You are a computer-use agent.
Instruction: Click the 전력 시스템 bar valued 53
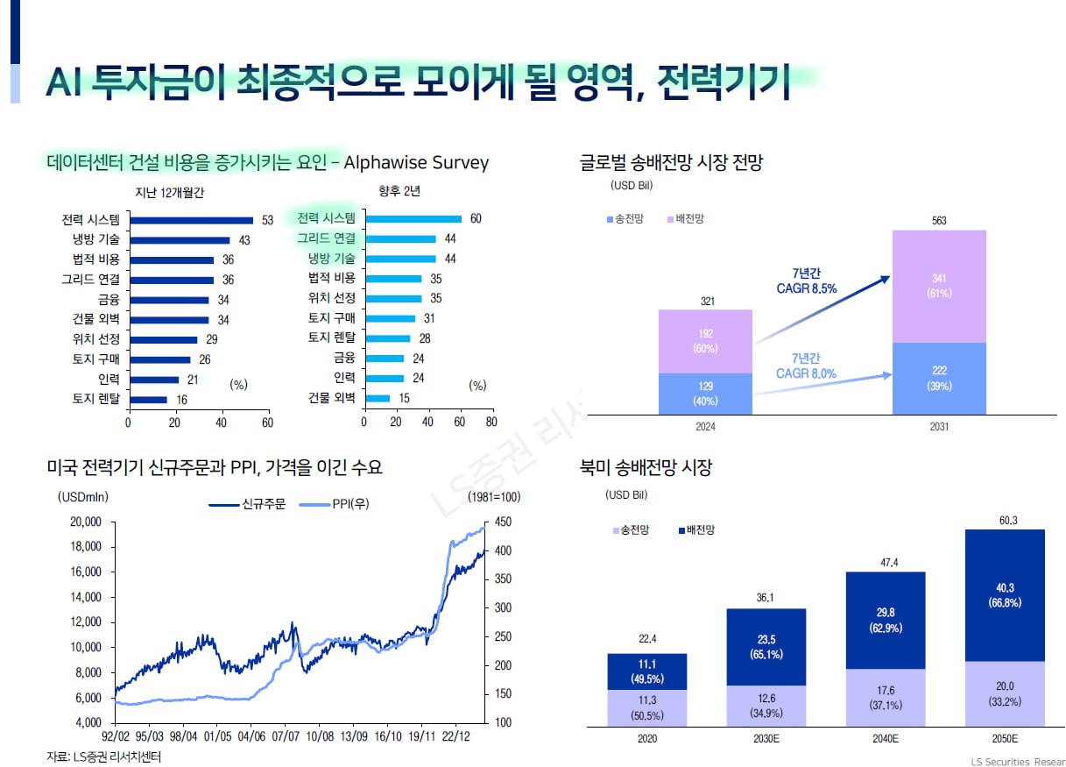tap(191, 220)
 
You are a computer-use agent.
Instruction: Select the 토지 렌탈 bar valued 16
tap(147, 399)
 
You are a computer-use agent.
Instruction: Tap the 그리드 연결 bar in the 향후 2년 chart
tap(399, 238)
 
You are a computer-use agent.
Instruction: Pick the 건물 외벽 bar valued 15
tap(377, 399)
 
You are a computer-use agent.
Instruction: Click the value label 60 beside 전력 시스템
tap(476, 219)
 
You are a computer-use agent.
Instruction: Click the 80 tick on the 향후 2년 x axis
tap(491, 422)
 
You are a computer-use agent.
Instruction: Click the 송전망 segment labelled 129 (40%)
tap(705, 394)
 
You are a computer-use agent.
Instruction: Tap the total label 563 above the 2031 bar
tap(939, 221)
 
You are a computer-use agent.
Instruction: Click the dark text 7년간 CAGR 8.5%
tap(806, 281)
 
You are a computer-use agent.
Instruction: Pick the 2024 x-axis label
tap(705, 427)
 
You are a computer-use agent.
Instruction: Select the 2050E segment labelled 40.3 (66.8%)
tap(1005, 595)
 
